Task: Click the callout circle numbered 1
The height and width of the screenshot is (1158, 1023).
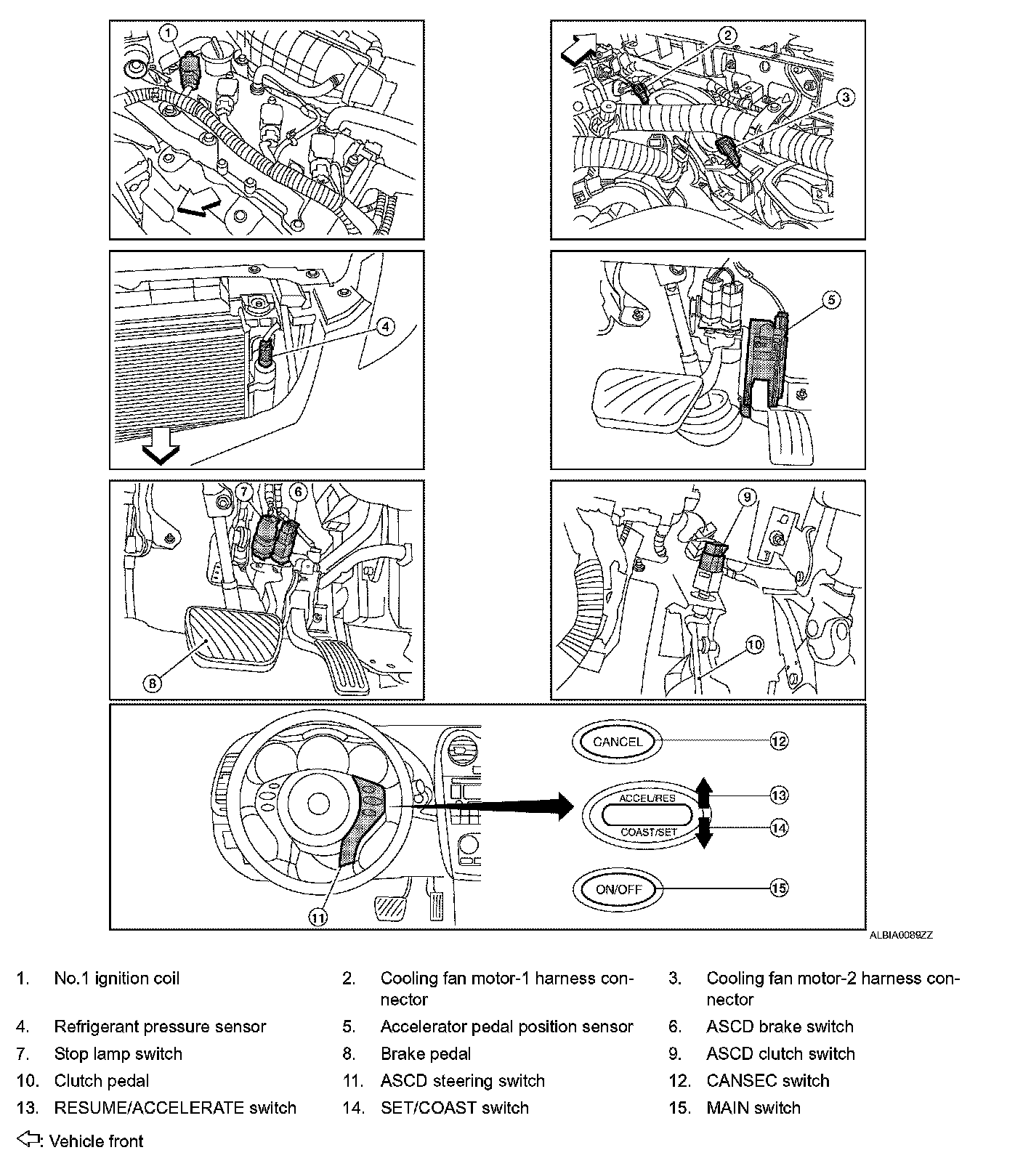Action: tap(169, 33)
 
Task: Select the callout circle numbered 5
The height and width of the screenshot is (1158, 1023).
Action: tap(832, 299)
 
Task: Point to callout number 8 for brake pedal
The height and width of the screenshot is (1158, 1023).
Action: tap(153, 682)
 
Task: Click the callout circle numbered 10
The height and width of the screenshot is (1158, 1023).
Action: tap(755, 644)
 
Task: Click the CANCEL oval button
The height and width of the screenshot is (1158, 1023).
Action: tap(618, 742)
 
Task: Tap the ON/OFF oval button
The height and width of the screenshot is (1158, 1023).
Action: tap(618, 888)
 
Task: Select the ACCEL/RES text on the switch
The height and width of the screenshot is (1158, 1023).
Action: tap(647, 798)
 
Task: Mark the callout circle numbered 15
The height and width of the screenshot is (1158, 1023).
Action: tap(779, 888)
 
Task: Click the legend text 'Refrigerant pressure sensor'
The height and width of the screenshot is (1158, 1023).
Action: tap(160, 1027)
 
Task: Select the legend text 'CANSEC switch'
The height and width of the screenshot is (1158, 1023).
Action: tap(767, 1080)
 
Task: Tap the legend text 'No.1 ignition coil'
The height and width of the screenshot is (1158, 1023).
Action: tap(116, 978)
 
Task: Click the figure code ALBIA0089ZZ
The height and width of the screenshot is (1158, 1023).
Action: tap(901, 935)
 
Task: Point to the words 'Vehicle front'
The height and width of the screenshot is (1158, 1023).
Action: tap(97, 1141)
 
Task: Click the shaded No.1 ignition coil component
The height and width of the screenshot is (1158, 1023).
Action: tap(190, 70)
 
